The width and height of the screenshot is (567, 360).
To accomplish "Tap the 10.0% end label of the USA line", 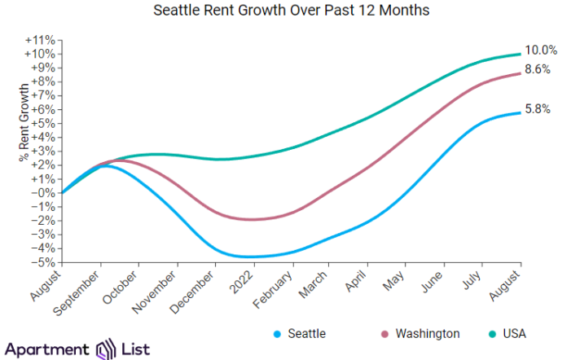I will point(541,50).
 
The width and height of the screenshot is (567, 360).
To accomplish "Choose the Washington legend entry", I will point(421,334).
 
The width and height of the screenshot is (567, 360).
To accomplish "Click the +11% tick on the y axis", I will point(41,40).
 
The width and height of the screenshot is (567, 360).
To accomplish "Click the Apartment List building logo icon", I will point(108,349).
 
